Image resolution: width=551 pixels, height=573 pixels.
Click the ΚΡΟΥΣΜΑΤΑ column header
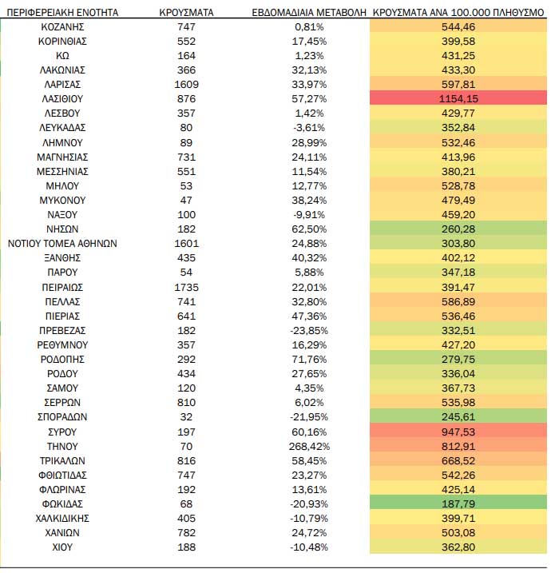pyautogui.click(x=186, y=13)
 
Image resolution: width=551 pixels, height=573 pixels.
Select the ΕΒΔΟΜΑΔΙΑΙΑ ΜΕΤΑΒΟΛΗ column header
pyautogui.click(x=309, y=13)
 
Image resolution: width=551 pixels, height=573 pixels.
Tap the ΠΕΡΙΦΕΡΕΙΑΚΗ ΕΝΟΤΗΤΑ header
pyautogui.click(x=62, y=13)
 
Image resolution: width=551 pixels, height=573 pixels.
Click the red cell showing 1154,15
pyautogui.click(x=458, y=98)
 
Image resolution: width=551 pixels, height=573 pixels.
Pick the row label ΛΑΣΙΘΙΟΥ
pyautogui.click(x=62, y=99)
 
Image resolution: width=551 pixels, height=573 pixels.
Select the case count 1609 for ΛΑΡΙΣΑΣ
pyautogui.click(x=186, y=85)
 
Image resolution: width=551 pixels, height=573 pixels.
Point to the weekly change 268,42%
pyautogui.click(x=309, y=447)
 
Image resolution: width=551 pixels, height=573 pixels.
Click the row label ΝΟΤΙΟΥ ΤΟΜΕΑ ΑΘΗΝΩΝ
pyautogui.click(x=62, y=244)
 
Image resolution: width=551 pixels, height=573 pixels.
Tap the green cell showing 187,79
pyautogui.click(x=458, y=504)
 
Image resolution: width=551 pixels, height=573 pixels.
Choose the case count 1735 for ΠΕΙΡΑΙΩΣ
pyautogui.click(x=186, y=288)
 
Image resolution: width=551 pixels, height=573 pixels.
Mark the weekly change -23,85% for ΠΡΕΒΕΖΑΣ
pyautogui.click(x=309, y=331)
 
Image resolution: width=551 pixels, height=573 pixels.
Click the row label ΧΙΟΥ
pyautogui.click(x=62, y=547)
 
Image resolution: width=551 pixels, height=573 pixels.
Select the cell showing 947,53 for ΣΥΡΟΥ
pyautogui.click(x=458, y=432)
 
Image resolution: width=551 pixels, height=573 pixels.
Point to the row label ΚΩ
pyautogui.click(x=62, y=56)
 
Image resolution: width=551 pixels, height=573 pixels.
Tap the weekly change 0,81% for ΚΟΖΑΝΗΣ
pyautogui.click(x=309, y=27)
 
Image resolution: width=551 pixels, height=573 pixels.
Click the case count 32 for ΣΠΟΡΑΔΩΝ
pyautogui.click(x=186, y=417)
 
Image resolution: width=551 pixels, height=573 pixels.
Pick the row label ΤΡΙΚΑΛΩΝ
pyautogui.click(x=62, y=461)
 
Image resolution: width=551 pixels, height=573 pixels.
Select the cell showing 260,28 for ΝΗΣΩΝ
pyautogui.click(x=458, y=229)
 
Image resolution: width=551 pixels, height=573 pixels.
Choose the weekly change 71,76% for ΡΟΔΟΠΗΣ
pyautogui.click(x=309, y=360)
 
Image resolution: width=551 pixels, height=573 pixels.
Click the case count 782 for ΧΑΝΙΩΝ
pyautogui.click(x=186, y=533)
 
